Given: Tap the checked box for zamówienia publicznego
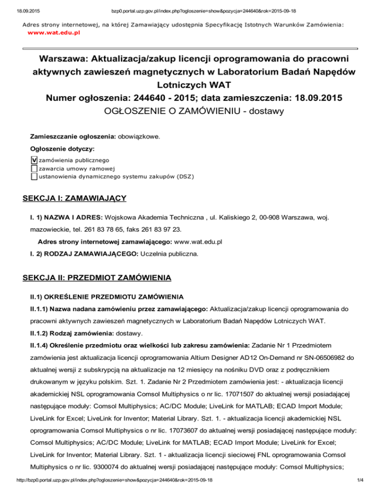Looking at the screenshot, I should (34, 160).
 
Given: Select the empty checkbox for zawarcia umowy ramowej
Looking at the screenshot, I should (34, 168).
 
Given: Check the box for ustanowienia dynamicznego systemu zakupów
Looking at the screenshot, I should (34, 176).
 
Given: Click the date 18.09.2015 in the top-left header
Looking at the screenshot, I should (16, 8).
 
